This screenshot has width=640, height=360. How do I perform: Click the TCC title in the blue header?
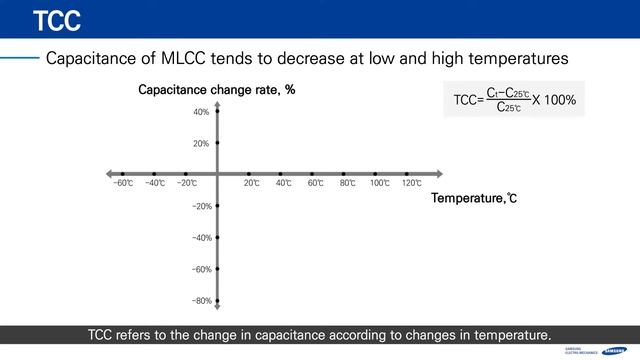[x=56, y=20]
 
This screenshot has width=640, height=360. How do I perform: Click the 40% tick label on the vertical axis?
[x=201, y=112]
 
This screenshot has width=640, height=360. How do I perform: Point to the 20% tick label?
[x=201, y=144]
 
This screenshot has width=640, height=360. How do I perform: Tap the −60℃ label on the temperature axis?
[x=122, y=184]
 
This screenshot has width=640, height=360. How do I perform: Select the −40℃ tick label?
[x=154, y=184]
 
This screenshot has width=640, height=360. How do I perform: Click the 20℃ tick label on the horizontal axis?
[x=251, y=184]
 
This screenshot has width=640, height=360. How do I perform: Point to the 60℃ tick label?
[x=315, y=184]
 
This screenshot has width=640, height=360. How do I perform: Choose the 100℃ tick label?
[x=379, y=184]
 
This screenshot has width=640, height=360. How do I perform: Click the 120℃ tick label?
[x=411, y=184]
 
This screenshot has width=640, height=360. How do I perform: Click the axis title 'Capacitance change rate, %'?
[x=216, y=91]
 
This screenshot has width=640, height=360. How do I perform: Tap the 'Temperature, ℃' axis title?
[x=474, y=199]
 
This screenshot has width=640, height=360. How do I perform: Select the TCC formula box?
[x=514, y=100]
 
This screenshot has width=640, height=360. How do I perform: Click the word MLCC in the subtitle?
[x=199, y=59]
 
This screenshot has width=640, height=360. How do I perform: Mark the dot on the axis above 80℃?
[x=343, y=173]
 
